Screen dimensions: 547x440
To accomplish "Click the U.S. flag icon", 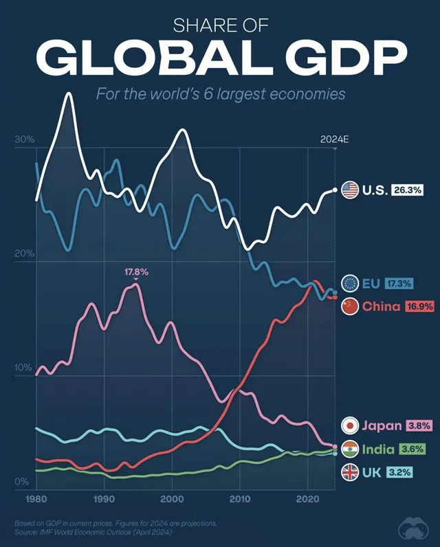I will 349,190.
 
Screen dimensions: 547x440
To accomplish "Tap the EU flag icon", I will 349,283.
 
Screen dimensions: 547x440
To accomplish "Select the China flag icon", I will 349,306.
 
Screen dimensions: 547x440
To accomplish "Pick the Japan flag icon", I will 349,426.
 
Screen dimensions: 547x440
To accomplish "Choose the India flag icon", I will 349,450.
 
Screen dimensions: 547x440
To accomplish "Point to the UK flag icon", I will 349,472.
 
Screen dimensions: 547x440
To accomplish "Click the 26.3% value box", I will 408,190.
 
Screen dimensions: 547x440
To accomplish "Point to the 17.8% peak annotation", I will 136,272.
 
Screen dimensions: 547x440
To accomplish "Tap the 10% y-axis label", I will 23,369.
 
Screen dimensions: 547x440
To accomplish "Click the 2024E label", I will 335,139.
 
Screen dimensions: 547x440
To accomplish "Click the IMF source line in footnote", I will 93,532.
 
